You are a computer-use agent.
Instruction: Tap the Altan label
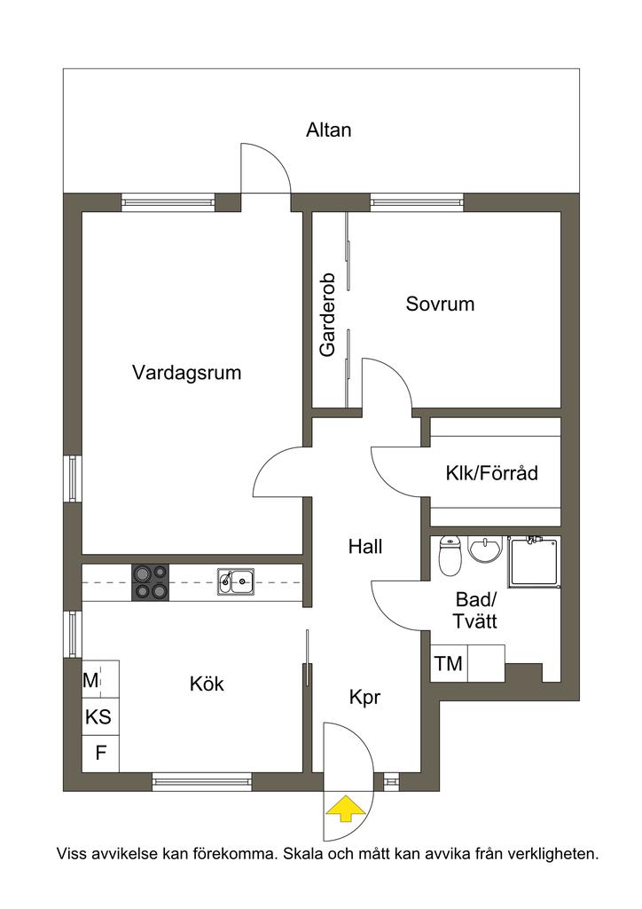(x=329, y=130)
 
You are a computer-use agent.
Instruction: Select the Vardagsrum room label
(x=186, y=373)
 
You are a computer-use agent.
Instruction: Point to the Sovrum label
(x=440, y=304)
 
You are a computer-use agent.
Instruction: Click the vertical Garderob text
(x=328, y=314)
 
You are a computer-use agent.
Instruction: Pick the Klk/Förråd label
(x=491, y=473)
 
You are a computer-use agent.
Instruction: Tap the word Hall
(x=365, y=547)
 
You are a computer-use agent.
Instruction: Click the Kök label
(x=207, y=684)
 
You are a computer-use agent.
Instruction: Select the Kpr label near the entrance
(x=364, y=698)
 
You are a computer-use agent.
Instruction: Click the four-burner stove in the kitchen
(x=150, y=583)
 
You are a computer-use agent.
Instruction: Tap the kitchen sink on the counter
(x=236, y=582)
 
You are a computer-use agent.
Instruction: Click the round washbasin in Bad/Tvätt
(x=485, y=549)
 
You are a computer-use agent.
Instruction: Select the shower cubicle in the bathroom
(x=534, y=561)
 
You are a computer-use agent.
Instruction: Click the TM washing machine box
(x=449, y=664)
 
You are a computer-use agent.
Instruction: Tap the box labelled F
(x=101, y=754)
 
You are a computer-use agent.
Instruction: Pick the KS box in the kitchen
(x=98, y=717)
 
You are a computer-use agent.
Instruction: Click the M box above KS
(x=90, y=681)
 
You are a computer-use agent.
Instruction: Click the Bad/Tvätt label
(x=476, y=611)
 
